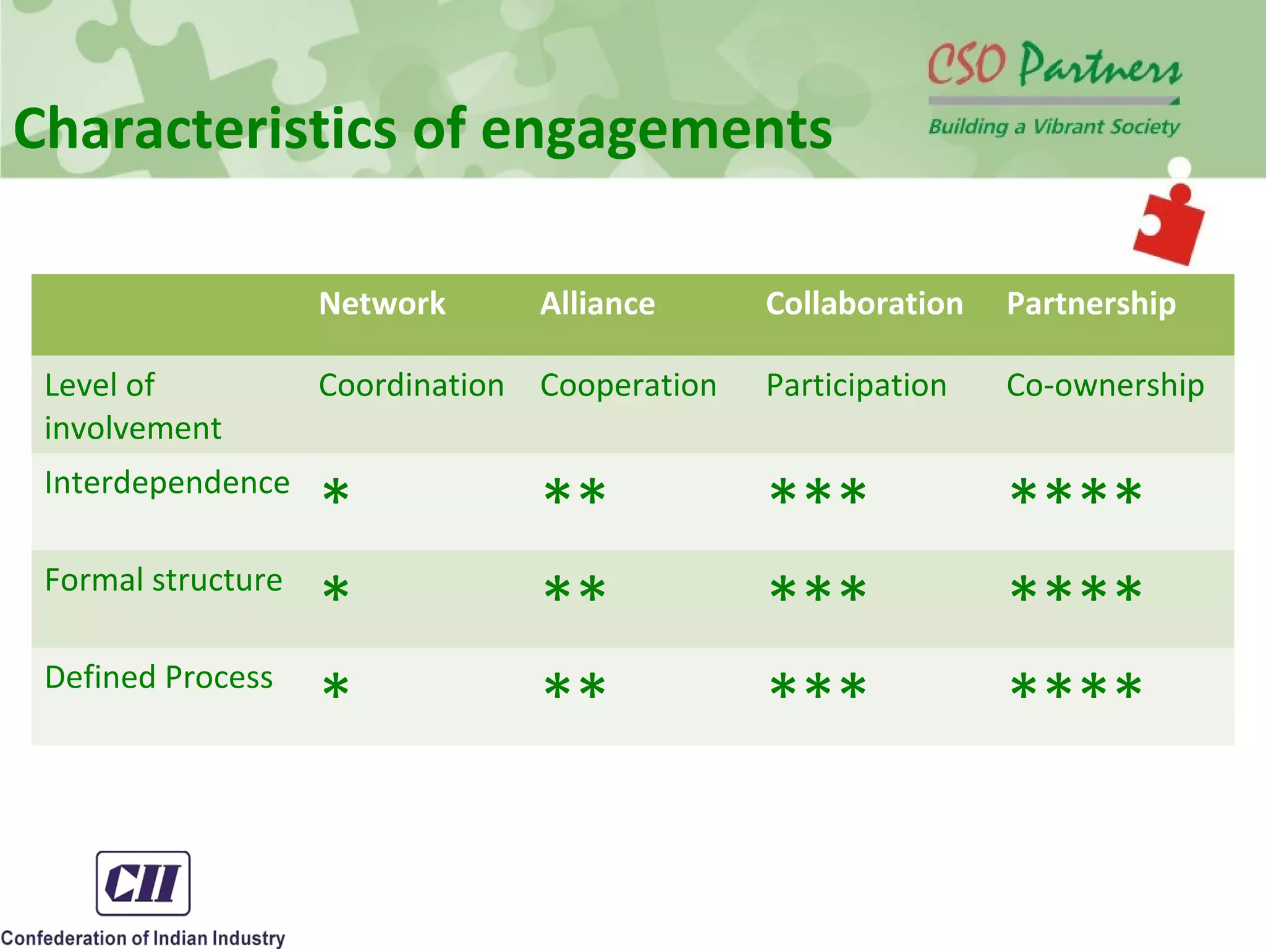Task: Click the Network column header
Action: (381, 303)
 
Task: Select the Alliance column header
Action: (597, 303)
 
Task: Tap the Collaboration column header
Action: (864, 303)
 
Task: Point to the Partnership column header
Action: (1090, 303)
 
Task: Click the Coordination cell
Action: (411, 386)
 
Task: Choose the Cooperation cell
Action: (628, 386)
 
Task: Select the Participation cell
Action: (856, 386)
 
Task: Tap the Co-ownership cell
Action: (1105, 386)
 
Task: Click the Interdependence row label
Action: (167, 483)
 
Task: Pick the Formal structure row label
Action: (163, 580)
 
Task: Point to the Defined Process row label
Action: (159, 677)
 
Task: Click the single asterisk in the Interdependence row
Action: (336, 492)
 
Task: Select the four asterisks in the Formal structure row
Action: (1076, 589)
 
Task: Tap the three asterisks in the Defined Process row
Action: (818, 686)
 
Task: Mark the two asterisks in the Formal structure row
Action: (574, 589)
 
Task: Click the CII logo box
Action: (143, 883)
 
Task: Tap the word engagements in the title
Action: (656, 129)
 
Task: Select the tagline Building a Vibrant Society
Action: (1054, 127)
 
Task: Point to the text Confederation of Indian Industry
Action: (143, 937)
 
